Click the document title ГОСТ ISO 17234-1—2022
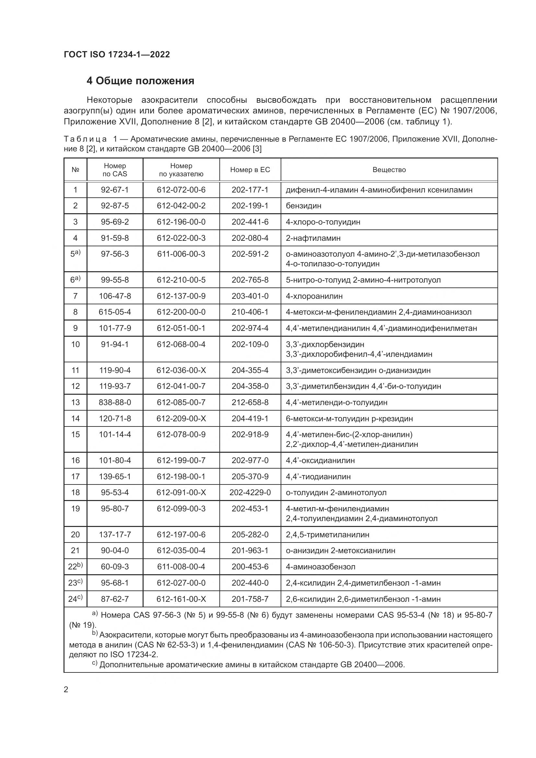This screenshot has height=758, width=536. pos(117,54)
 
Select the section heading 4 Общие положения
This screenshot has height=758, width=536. pos(140,81)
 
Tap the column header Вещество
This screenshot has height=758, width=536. pos(389,170)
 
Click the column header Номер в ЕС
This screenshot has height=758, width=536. pos(250,170)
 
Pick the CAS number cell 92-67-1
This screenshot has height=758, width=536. pos(114,190)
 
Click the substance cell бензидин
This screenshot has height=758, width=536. pos(303,206)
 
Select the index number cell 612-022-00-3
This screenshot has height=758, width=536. pos(181,238)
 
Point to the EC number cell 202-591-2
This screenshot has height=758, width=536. pos(250,254)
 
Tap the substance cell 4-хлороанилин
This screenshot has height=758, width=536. pos(314,296)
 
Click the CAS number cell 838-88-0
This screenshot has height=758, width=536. pos(114,402)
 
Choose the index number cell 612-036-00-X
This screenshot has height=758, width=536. pos(181,370)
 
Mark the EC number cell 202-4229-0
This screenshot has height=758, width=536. pos(250,493)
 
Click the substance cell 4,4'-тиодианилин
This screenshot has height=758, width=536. pos(318,477)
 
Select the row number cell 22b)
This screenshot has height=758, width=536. pos(75,567)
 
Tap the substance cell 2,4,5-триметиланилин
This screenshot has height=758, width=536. pos(327,534)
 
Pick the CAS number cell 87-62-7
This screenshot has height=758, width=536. pos(114,599)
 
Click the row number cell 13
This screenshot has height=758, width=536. pos(75,402)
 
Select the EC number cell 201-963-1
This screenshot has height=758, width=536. pos(250,551)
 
